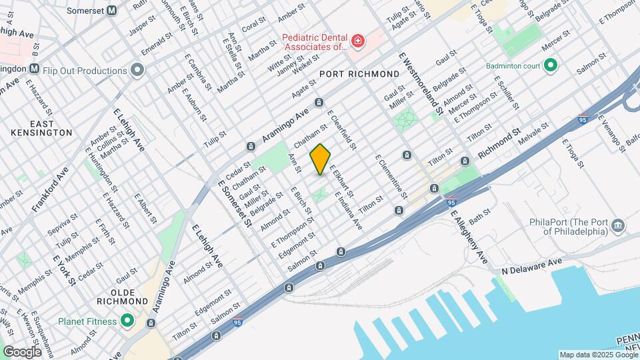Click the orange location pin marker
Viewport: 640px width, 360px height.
[x=321, y=159]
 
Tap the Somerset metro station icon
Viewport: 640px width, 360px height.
[x=111, y=10]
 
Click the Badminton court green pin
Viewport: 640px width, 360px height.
[x=550, y=65]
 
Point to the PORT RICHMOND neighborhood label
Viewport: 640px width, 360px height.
[x=353, y=73]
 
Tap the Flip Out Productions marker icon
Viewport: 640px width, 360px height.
[x=138, y=70]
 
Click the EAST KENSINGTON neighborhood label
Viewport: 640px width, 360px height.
[x=41, y=128]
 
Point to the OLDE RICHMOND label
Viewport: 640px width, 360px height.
[x=120, y=297]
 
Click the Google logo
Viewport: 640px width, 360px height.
[x=22, y=351]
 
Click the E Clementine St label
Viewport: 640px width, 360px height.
[x=391, y=177]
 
